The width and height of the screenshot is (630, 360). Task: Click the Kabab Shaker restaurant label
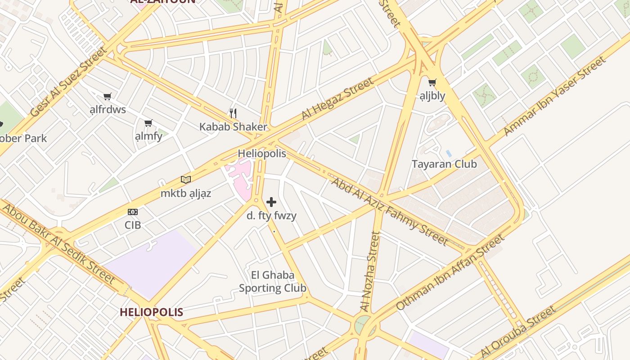[x=233, y=127]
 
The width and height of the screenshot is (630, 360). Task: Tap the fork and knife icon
[x=233, y=112]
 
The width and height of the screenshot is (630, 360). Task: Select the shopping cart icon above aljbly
[x=432, y=82]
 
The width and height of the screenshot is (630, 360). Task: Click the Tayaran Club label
[x=444, y=164]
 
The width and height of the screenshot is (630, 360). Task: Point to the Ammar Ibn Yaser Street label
[x=554, y=96]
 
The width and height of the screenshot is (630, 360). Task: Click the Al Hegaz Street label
[x=337, y=99]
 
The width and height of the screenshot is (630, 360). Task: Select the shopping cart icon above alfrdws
[x=107, y=96]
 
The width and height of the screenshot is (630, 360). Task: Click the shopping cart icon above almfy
[x=148, y=123]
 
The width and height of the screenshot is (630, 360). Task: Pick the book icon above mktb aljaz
[x=186, y=180]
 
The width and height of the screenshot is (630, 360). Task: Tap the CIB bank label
[x=133, y=225]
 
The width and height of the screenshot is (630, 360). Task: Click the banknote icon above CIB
[x=133, y=212]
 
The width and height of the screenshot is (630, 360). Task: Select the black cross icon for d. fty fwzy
[x=271, y=202]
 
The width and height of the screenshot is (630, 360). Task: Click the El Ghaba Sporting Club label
[x=273, y=282]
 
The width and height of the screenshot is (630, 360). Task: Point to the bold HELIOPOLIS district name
[x=151, y=312]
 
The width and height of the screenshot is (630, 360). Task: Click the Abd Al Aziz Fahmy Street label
[x=390, y=211]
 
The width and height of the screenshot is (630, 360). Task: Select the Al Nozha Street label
[x=369, y=271]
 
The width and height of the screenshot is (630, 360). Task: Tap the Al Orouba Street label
[x=518, y=332]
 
